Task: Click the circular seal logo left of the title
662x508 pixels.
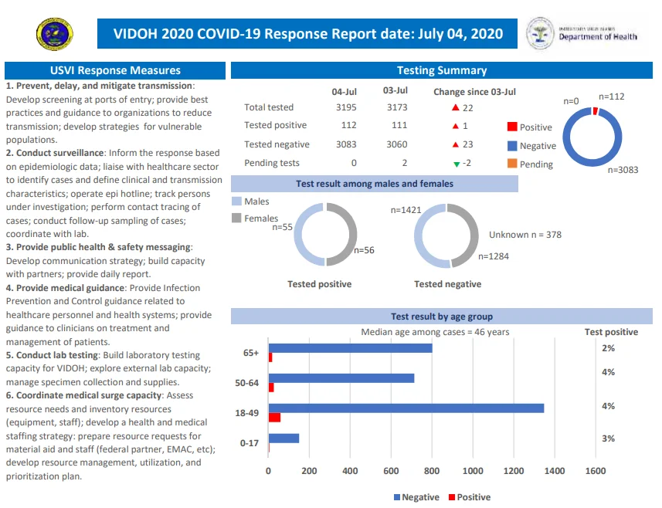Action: coord(55,34)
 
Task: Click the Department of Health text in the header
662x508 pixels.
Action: coord(598,37)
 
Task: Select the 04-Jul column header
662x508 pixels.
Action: coord(344,92)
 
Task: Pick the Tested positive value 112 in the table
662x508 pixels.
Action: coord(348,125)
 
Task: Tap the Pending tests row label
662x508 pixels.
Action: coord(271,163)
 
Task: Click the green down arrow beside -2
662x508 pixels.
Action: coord(457,164)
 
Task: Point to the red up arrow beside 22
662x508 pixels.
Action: coord(455,107)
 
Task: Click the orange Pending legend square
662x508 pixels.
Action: coord(512,164)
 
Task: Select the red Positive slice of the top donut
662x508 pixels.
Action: coord(596,111)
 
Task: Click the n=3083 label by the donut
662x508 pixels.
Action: coord(623,170)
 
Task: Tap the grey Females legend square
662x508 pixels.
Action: coord(236,218)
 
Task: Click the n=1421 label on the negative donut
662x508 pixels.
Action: coord(406,210)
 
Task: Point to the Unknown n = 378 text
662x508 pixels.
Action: coord(525,235)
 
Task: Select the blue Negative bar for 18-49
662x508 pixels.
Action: coord(406,408)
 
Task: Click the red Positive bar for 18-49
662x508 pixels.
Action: coord(274,418)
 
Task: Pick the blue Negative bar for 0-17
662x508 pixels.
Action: coord(283,438)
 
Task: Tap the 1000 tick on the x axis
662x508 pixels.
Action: coord(473,471)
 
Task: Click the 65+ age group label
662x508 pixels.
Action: coord(251,353)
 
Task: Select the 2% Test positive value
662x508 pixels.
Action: coord(609,348)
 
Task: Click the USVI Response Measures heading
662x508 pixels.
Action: coord(115,70)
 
